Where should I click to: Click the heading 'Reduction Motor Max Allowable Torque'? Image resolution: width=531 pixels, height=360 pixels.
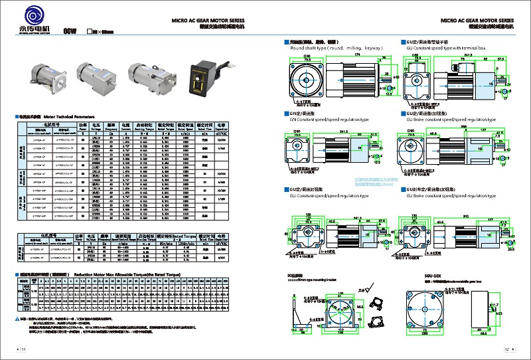coord(133,273)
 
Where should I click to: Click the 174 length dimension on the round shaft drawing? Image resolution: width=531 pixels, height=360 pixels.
coord(339,54)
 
